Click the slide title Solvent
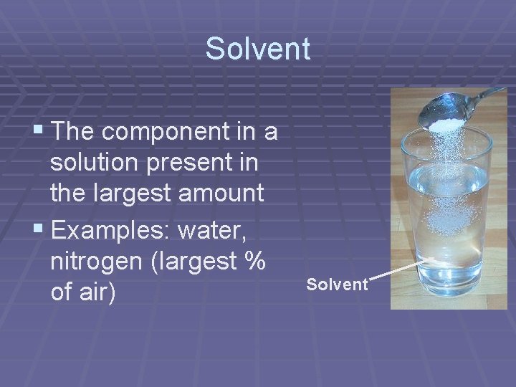pos(257,49)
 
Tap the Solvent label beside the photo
pos(337,285)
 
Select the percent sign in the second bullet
pos(255,262)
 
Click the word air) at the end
pos(97,293)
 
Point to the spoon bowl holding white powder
pos(444,115)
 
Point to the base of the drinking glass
pos(449,290)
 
